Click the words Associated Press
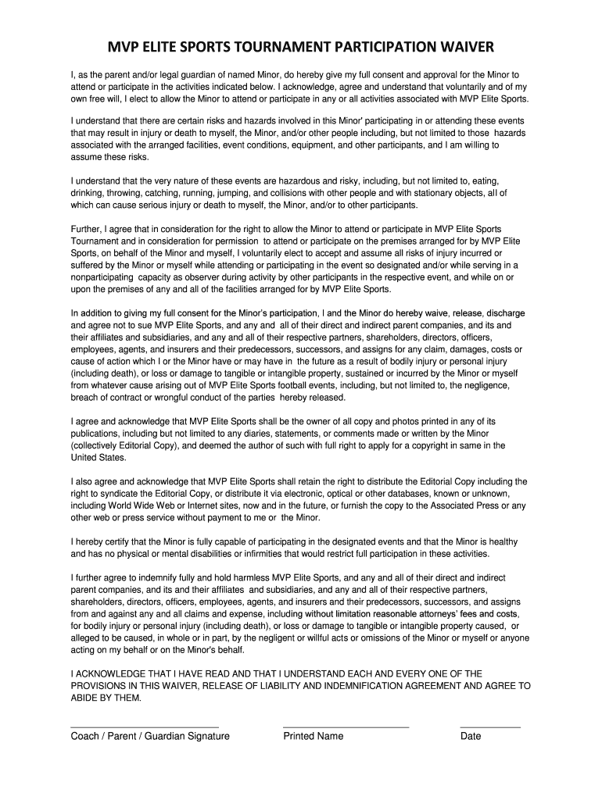click(x=459, y=505)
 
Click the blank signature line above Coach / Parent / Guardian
click(x=145, y=727)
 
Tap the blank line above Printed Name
click(x=346, y=727)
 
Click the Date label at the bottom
click(x=471, y=736)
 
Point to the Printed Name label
click(x=314, y=736)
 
